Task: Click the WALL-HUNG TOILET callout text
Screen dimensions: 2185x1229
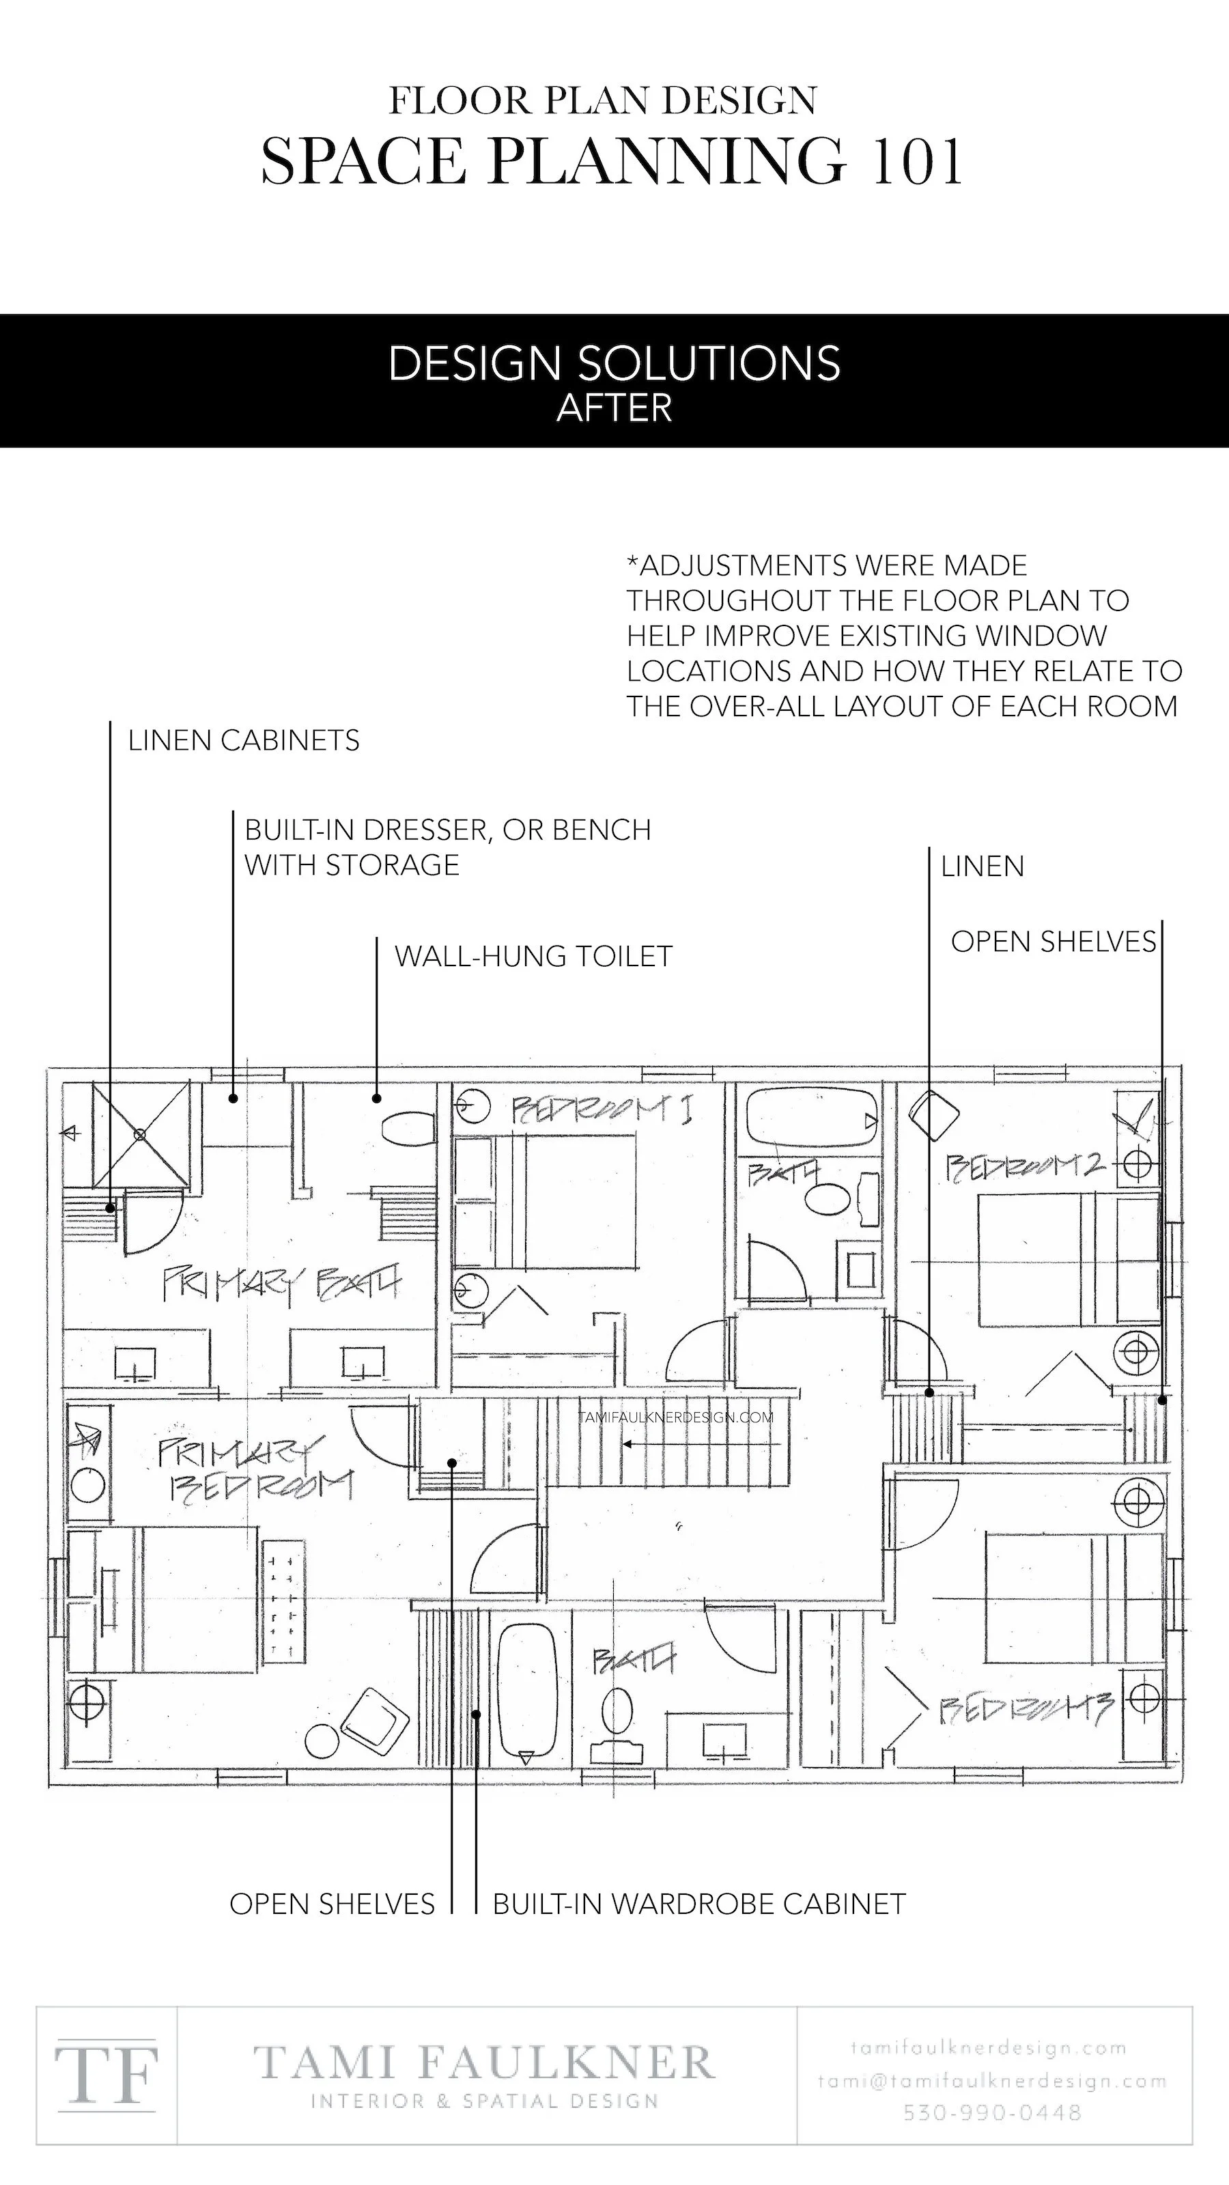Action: pos(533,956)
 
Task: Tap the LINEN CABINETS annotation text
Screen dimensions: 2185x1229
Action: pos(244,740)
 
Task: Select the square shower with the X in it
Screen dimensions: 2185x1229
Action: pos(141,1133)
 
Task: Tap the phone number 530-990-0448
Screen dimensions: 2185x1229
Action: pos(992,2111)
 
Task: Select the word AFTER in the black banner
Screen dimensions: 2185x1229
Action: pos(614,409)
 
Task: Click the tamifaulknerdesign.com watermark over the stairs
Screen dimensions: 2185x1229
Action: pos(676,1417)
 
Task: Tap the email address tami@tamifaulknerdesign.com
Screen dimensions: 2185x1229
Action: pos(992,2081)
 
